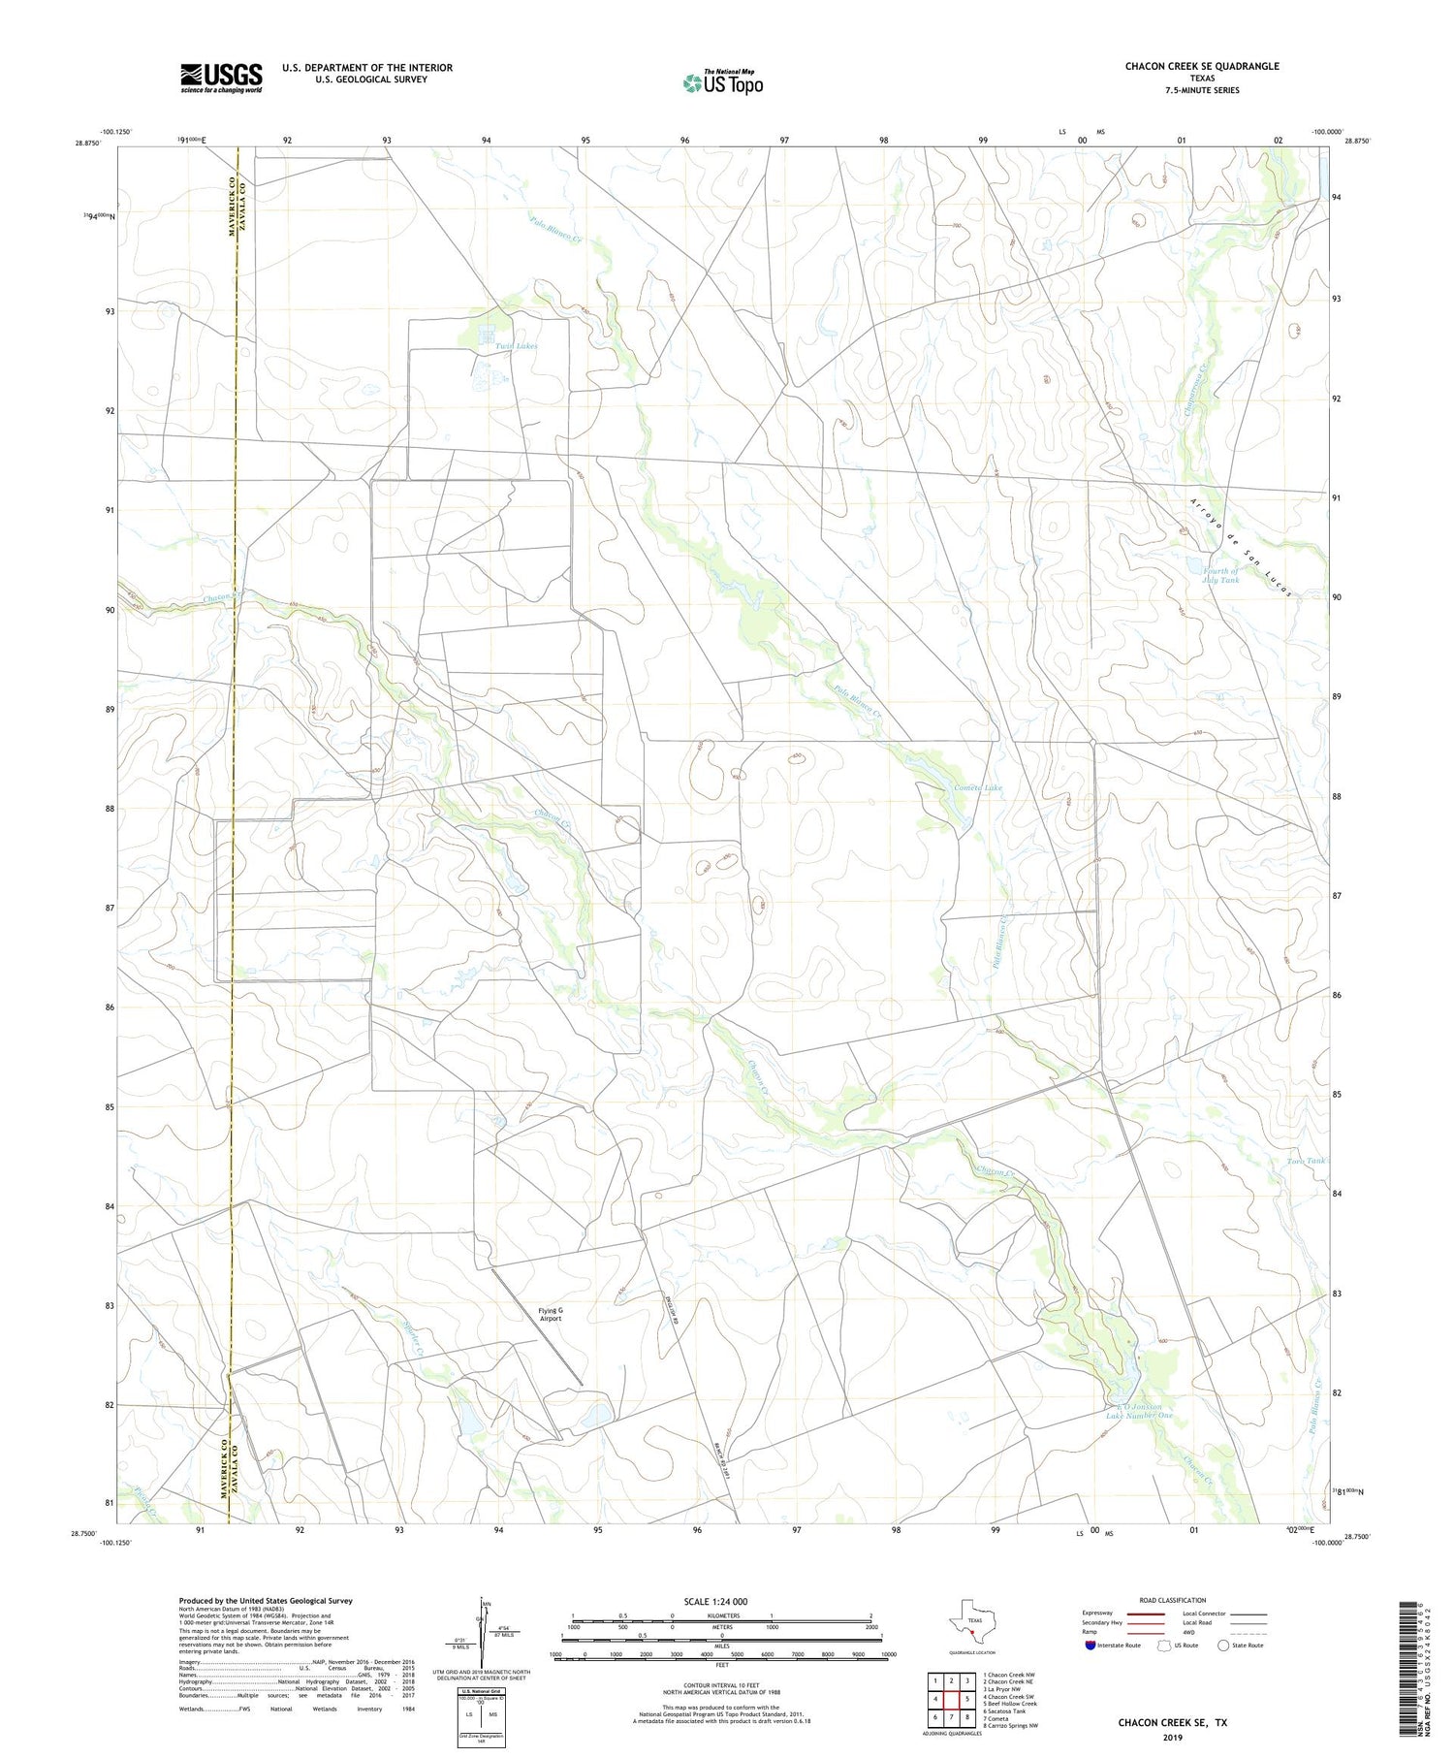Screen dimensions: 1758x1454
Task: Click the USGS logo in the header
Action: click(x=221, y=78)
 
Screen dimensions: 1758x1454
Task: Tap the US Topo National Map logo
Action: click(x=722, y=82)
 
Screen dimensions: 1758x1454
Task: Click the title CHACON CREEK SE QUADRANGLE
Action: click(x=1201, y=66)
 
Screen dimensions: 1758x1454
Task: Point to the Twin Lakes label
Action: click(x=516, y=346)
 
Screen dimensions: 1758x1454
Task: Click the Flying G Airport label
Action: click(x=550, y=1315)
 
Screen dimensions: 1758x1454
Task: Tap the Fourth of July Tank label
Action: click(x=1219, y=575)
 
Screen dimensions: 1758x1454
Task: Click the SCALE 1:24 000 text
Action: click(x=714, y=1601)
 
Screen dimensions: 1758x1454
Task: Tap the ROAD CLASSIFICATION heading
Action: click(x=1173, y=1600)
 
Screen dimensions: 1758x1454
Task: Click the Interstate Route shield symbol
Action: click(x=1090, y=1645)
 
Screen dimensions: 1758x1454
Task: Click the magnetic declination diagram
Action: click(x=482, y=1632)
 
